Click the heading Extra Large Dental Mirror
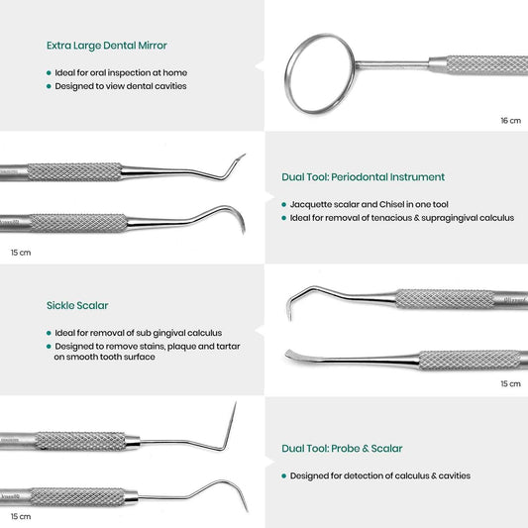(107, 46)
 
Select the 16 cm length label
(510, 121)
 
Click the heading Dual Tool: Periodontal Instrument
(363, 177)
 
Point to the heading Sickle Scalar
(77, 305)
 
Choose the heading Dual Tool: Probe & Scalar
(342, 449)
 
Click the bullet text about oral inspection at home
(121, 72)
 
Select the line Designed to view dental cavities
(121, 86)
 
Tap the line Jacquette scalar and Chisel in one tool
(370, 204)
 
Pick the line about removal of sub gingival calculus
(139, 333)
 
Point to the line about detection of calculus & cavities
(380, 475)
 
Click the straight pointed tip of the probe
(236, 402)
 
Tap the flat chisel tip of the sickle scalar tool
(287, 353)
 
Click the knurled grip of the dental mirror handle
(487, 65)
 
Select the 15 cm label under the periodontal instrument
(21, 253)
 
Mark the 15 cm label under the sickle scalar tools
(510, 384)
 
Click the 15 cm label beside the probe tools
(21, 516)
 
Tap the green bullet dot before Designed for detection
(284, 476)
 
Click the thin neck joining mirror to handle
(392, 64)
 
